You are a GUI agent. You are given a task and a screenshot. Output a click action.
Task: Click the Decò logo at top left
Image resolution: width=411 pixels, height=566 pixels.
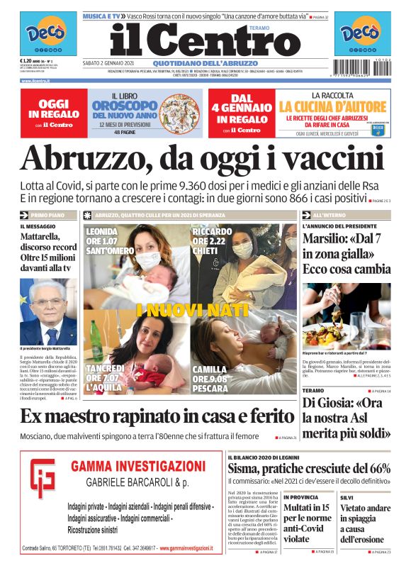pyautogui.click(x=47, y=35)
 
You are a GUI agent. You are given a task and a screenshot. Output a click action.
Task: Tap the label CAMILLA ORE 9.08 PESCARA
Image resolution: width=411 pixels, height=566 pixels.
pyautogui.click(x=210, y=378)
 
